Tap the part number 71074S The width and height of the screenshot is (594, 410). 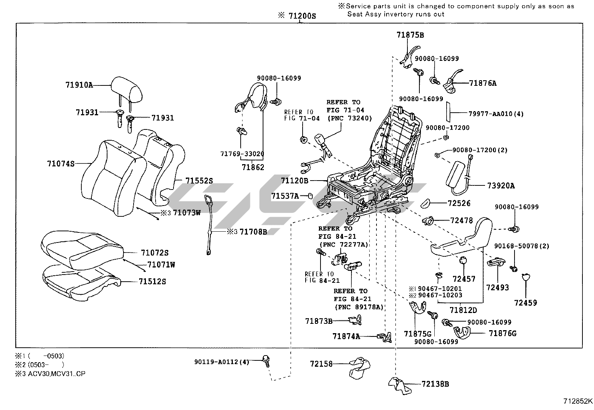pyautogui.click(x=61, y=163)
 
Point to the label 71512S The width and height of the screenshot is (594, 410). pyautogui.click(x=152, y=281)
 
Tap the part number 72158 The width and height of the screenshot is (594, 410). pyautogui.click(x=321, y=363)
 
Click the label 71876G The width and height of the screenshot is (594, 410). pyautogui.click(x=503, y=333)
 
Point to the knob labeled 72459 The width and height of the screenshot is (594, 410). pyautogui.click(x=526, y=277)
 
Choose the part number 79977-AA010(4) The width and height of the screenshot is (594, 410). pyautogui.click(x=496, y=114)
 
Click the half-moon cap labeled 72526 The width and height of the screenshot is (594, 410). pyautogui.click(x=426, y=203)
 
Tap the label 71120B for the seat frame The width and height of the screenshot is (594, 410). pyautogui.click(x=295, y=181)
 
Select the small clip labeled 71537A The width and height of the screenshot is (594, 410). pyautogui.click(x=310, y=195)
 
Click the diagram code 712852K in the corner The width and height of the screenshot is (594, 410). pyautogui.click(x=578, y=401)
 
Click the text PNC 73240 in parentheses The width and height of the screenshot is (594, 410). pyautogui.click(x=349, y=118)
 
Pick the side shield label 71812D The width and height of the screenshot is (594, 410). pyautogui.click(x=463, y=310)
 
